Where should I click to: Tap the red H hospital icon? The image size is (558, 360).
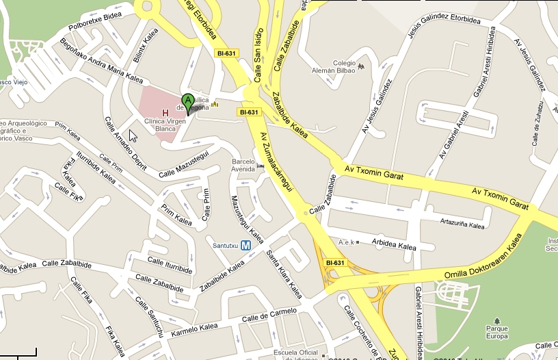[164, 112]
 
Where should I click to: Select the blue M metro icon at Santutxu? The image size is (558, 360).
[245, 245]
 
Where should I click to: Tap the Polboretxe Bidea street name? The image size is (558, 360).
[95, 22]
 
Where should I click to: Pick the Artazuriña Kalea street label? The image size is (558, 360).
[462, 225]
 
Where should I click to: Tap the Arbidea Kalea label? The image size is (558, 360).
[393, 244]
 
